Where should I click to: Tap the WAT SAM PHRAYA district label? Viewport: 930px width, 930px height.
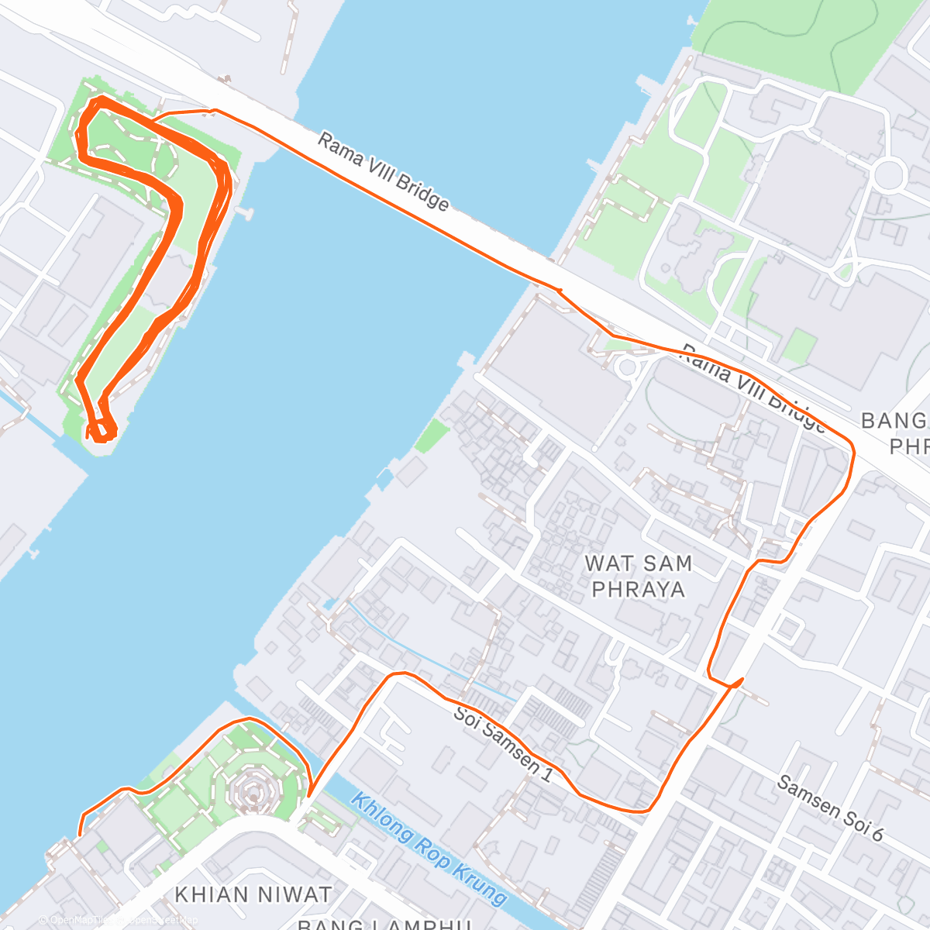click(639, 577)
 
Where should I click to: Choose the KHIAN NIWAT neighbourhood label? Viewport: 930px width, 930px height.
click(253, 894)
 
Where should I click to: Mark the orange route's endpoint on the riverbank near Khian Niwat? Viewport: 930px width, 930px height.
click(79, 835)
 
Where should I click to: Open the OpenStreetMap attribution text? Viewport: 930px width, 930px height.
click(116, 920)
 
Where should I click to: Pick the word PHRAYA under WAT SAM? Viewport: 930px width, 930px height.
click(639, 590)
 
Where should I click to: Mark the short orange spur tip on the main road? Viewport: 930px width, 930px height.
click(742, 680)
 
